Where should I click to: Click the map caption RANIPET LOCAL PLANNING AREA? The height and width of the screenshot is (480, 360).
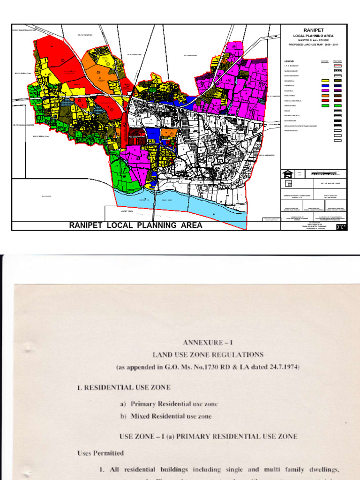(x=136, y=225)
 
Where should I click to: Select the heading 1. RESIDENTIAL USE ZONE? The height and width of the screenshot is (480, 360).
(x=124, y=388)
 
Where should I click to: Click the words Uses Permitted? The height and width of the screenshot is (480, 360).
(x=100, y=453)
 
